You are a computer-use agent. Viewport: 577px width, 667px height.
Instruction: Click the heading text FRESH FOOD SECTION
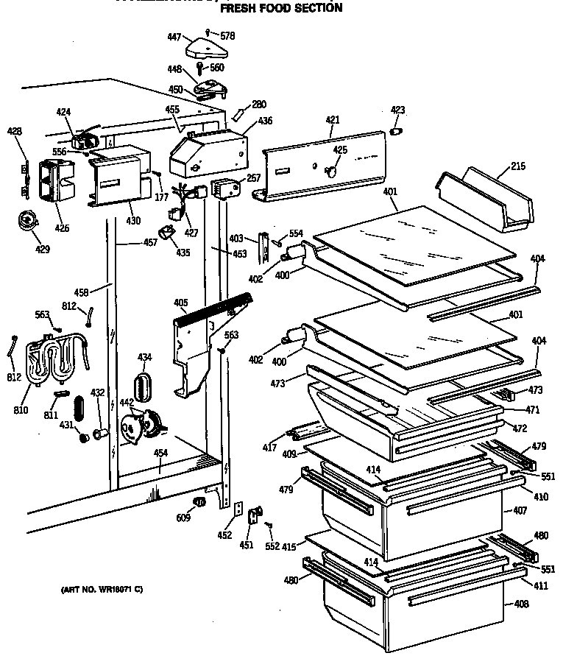click(x=281, y=8)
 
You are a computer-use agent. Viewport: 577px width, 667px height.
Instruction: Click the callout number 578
click(x=228, y=35)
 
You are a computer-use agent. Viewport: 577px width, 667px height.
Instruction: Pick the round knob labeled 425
click(x=331, y=172)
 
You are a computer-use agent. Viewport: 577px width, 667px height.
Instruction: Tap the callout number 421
click(x=333, y=119)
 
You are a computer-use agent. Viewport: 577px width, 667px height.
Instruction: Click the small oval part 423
click(x=397, y=132)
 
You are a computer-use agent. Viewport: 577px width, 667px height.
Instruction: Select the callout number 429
click(x=43, y=250)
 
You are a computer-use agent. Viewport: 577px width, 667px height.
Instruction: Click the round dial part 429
click(x=29, y=219)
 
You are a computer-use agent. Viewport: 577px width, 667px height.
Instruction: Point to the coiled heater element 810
click(x=52, y=361)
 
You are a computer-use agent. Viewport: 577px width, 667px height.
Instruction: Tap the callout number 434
click(x=145, y=357)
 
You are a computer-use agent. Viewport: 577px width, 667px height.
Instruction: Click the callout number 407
click(x=520, y=510)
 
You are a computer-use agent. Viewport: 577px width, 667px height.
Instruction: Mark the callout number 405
click(x=181, y=302)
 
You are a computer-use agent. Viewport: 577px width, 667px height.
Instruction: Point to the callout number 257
click(x=253, y=179)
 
